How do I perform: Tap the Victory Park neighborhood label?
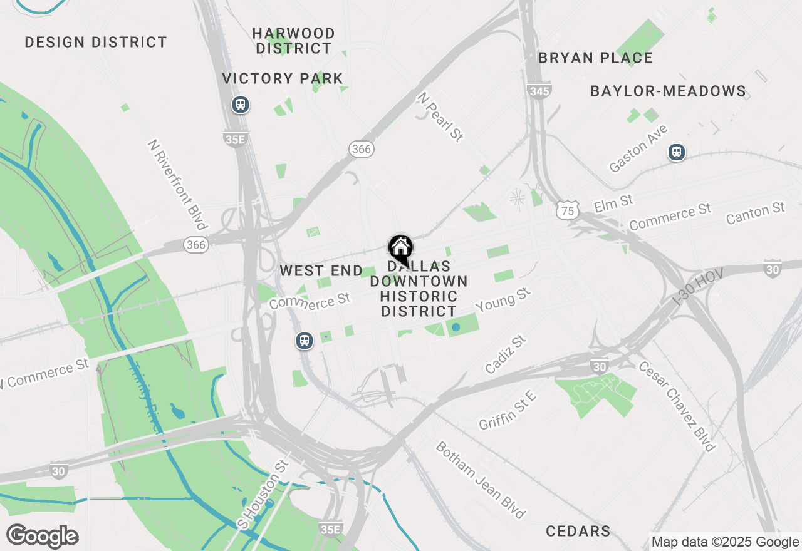coord(283,78)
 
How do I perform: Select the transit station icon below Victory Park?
coord(241,105)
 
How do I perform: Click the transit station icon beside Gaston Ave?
coord(676,152)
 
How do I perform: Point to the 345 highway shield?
coord(539,91)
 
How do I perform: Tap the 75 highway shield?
coord(567,211)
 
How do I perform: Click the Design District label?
coord(96,43)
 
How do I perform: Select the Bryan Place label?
coord(595,58)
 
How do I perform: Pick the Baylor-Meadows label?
coord(668,91)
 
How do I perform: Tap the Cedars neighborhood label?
coord(578,532)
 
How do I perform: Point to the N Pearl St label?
coord(441,117)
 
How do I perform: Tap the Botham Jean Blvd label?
coord(480,480)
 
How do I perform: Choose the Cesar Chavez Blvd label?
coord(677,406)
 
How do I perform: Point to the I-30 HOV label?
coord(697,287)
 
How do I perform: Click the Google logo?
coord(42,537)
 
